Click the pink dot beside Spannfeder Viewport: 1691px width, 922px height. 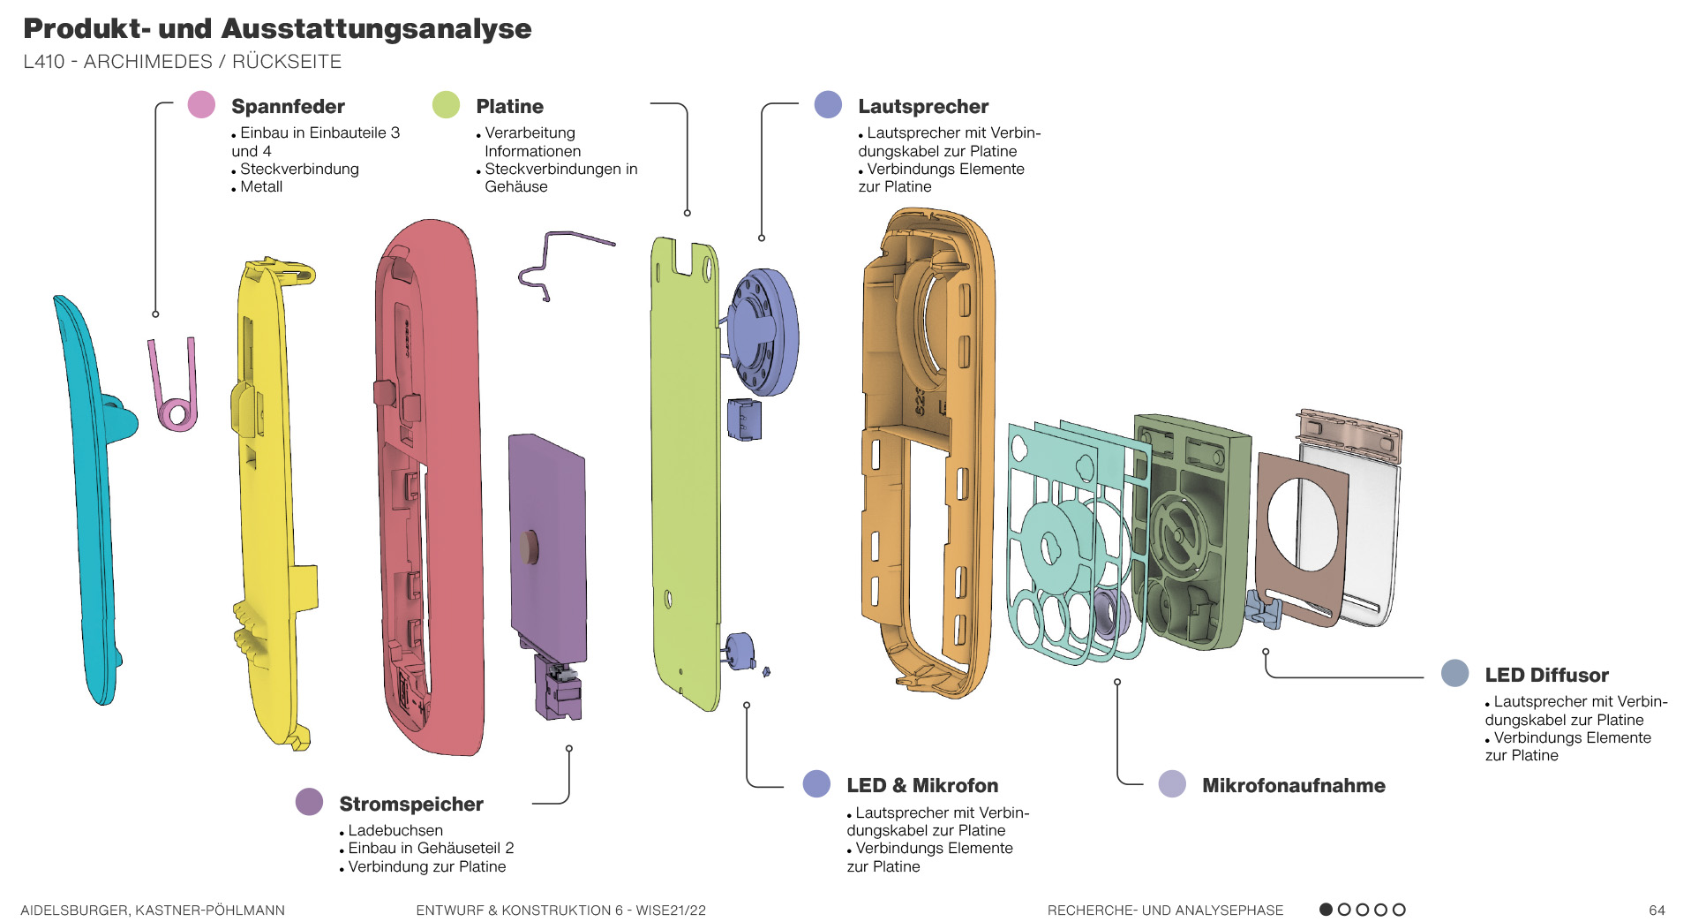[x=201, y=105]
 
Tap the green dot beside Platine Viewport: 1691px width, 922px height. [x=446, y=105]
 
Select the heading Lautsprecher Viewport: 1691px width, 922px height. [x=922, y=107]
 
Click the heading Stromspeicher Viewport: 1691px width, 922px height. [x=410, y=804]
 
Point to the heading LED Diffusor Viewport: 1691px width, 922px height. [x=1546, y=676]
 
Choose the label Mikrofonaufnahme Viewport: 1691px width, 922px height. [x=1293, y=785]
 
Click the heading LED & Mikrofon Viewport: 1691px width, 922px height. [x=921, y=785]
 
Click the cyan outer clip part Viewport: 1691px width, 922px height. [x=88, y=495]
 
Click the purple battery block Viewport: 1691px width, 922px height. [x=547, y=548]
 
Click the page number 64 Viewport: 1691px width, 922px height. [x=1657, y=910]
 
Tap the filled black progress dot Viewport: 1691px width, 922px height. [x=1326, y=910]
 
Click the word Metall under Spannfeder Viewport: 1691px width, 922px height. [x=261, y=187]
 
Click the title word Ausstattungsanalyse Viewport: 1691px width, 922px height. [x=377, y=29]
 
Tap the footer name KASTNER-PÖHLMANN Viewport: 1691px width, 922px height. [x=210, y=910]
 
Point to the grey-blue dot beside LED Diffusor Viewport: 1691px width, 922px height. [x=1454, y=674]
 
